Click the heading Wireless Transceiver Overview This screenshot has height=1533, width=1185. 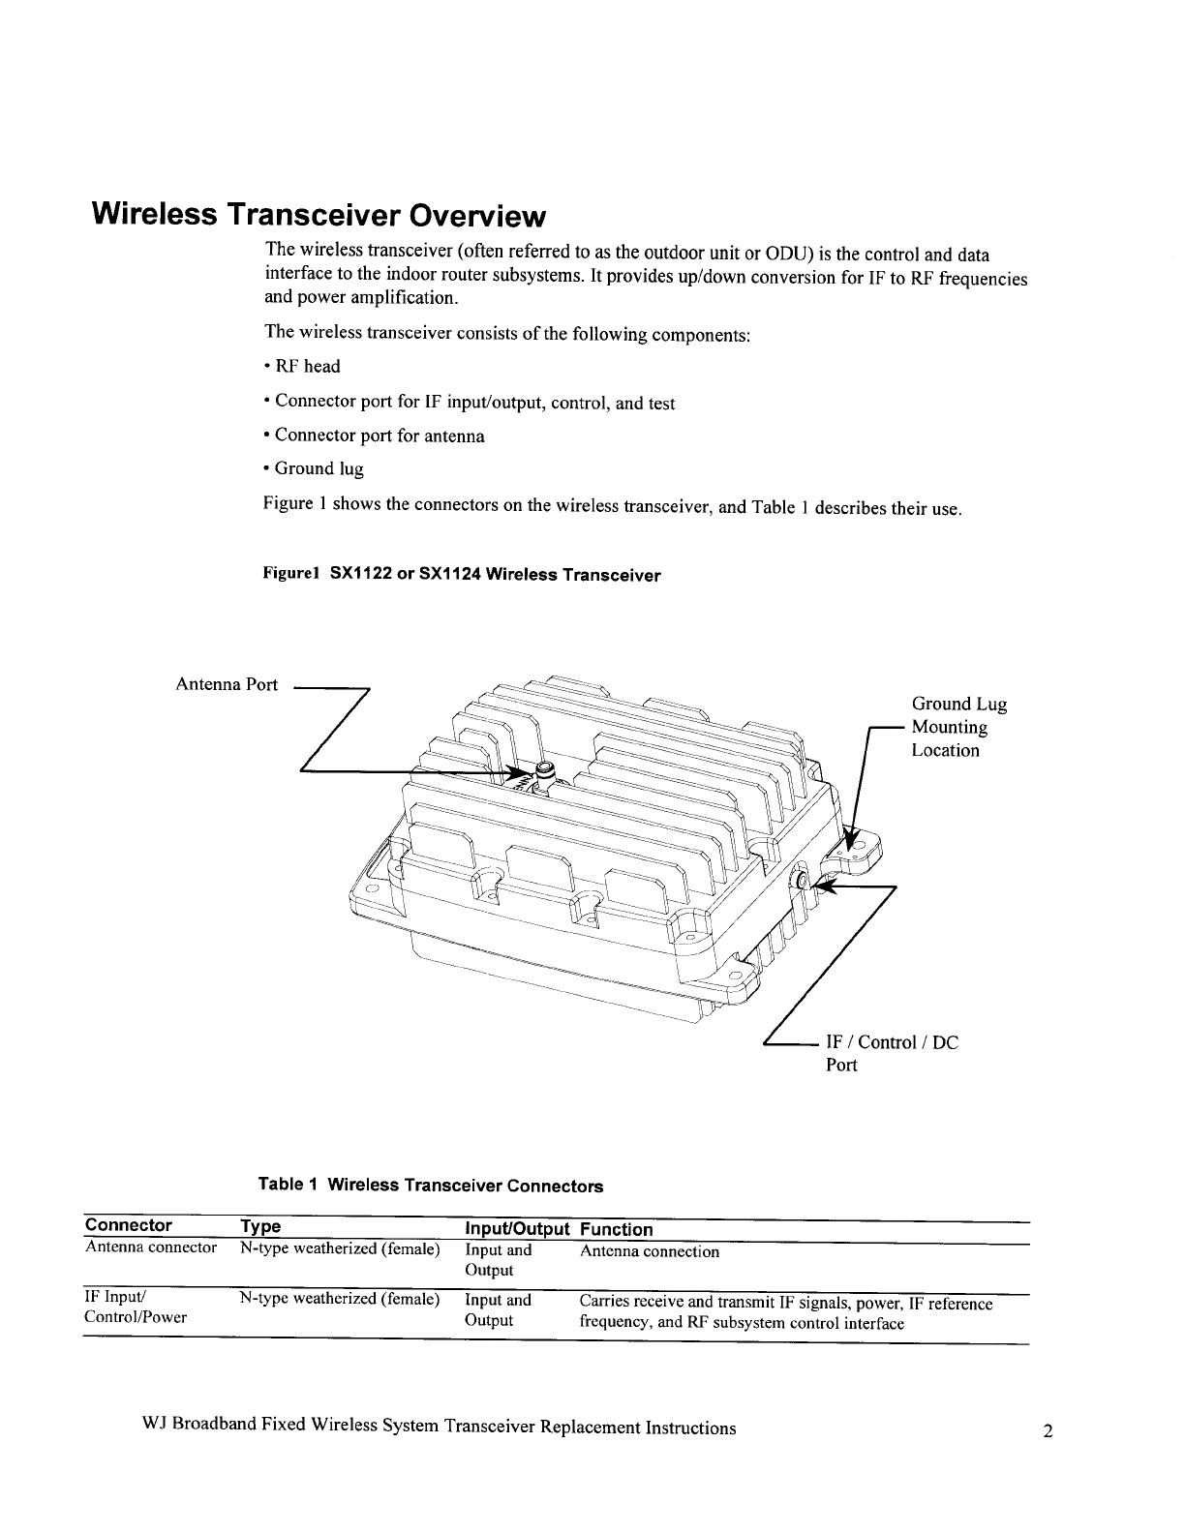pyautogui.click(x=319, y=214)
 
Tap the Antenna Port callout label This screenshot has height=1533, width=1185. pyautogui.click(x=226, y=685)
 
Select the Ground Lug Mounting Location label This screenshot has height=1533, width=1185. pyautogui.click(x=958, y=727)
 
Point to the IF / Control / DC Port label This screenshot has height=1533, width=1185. pyautogui.click(x=891, y=1053)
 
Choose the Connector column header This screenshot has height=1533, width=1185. pyautogui.click(x=128, y=1226)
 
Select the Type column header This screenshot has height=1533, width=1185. pyautogui.click(x=260, y=1227)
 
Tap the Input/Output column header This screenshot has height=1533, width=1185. pyautogui.click(x=516, y=1229)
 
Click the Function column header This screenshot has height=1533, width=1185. pyautogui.click(x=616, y=1229)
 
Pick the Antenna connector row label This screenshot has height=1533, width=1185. pyautogui.click(x=151, y=1247)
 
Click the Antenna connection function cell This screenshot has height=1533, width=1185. pyautogui.click(x=649, y=1251)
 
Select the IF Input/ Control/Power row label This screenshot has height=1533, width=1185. pyautogui.click(x=136, y=1308)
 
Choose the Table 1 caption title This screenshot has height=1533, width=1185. pyautogui.click(x=430, y=1186)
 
